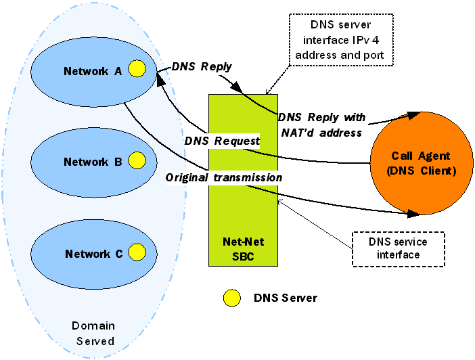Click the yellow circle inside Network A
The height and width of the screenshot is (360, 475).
pyautogui.click(x=137, y=69)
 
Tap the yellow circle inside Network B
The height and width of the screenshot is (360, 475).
pyautogui.click(x=137, y=161)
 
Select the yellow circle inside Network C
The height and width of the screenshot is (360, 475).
pyautogui.click(x=137, y=253)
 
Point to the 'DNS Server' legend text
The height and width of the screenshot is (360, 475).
pyautogui.click(x=285, y=298)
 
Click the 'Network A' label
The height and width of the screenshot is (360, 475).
pyautogui.click(x=92, y=70)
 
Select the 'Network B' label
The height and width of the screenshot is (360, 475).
pyautogui.click(x=92, y=162)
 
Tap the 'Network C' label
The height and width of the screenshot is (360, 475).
pyautogui.click(x=93, y=254)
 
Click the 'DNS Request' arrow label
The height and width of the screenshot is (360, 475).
pyautogui.click(x=222, y=141)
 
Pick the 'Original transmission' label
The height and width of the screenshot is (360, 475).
pyautogui.click(x=224, y=177)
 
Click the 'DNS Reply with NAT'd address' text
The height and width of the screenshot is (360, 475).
pyautogui.click(x=321, y=125)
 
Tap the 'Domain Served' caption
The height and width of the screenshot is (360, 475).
pyautogui.click(x=93, y=334)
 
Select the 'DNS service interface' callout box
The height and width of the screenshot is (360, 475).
pyautogui.click(x=399, y=248)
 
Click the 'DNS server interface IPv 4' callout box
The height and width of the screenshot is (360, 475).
pyautogui.click(x=340, y=39)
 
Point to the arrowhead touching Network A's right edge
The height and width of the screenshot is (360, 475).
pyautogui.click(x=160, y=76)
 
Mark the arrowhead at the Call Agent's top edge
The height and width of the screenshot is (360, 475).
pyautogui.click(x=415, y=112)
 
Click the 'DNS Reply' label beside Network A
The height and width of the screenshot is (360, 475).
pyautogui.click(x=201, y=66)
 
